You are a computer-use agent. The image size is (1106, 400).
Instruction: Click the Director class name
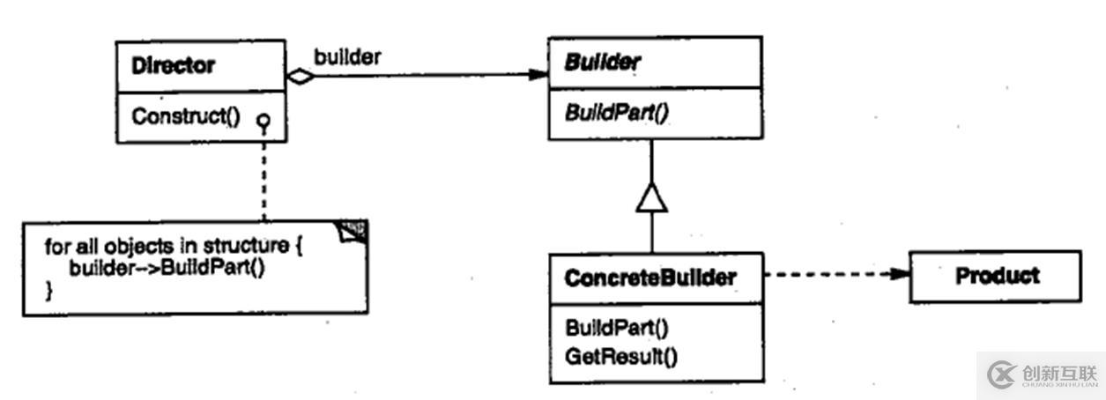[173, 65]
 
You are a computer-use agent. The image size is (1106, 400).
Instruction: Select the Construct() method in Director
[185, 116]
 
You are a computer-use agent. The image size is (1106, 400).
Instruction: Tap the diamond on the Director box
[301, 77]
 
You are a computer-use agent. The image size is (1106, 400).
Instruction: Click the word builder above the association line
[347, 57]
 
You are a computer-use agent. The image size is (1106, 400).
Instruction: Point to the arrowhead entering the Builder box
[539, 75]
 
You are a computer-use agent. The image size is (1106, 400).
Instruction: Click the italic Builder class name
[603, 63]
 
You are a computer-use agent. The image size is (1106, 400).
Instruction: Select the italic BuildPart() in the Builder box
[613, 114]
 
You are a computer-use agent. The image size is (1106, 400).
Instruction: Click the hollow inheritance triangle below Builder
[651, 197]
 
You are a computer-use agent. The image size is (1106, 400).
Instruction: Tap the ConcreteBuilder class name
[649, 278]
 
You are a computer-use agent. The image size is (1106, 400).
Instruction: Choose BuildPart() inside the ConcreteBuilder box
[617, 328]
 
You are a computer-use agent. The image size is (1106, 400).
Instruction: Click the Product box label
[997, 276]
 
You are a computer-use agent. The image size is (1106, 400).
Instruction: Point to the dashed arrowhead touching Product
[900, 274]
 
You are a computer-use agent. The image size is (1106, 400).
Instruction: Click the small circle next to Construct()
[263, 120]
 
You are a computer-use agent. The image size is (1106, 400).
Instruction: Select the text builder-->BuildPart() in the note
[167, 269]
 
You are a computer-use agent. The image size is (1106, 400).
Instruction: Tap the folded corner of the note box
[355, 231]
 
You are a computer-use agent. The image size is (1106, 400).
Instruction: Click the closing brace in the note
[49, 291]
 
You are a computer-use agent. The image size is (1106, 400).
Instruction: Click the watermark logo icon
[1002, 375]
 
